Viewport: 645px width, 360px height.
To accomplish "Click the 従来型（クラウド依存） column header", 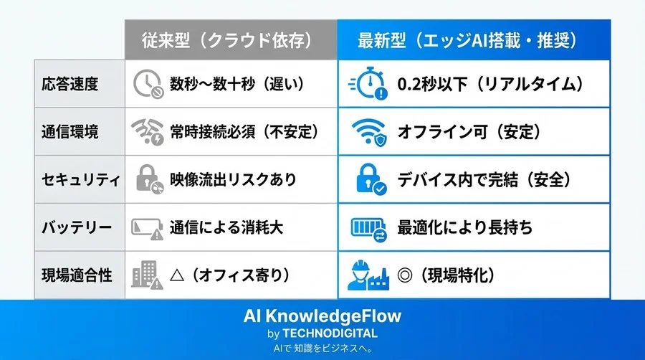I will coord(231,40).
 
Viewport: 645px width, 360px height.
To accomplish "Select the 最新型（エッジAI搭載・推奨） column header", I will coord(474,40).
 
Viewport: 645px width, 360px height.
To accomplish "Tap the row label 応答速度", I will coord(70,83).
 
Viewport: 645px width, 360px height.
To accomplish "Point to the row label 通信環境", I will coord(70,131).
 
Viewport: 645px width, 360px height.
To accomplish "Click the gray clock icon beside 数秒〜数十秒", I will coord(147,84).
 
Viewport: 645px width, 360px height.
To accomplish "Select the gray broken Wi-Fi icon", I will coord(147,132).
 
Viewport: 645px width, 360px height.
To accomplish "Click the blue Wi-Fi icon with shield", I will coord(370,132).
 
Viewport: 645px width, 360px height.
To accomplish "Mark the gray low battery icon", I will coord(147,228).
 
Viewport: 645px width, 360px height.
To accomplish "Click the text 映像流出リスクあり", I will coord(233,180).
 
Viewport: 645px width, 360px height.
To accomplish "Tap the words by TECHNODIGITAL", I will coord(322,333).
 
